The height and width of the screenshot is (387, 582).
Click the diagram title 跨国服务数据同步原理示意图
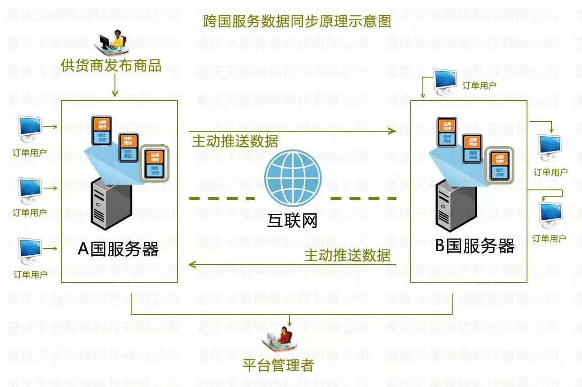297,22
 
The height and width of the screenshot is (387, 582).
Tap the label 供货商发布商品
111,65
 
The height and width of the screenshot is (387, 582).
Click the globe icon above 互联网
293,181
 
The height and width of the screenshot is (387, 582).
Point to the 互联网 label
293,221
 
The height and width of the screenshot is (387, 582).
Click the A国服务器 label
118,249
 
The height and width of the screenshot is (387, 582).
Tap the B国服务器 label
475,246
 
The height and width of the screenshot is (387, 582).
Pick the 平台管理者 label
278,365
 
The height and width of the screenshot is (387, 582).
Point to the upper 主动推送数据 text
235,141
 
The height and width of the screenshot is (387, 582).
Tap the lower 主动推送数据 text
347,256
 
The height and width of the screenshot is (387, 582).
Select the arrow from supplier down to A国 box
115,86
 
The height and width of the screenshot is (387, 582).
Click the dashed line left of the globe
221,198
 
